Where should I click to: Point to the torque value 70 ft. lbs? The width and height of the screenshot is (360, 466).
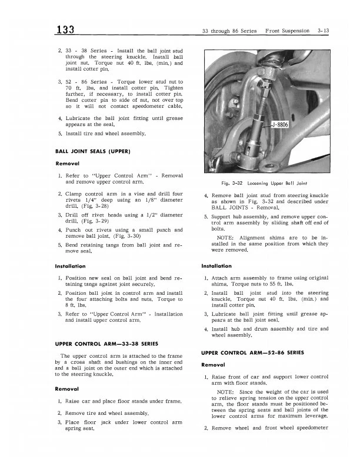pos(80,89)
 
